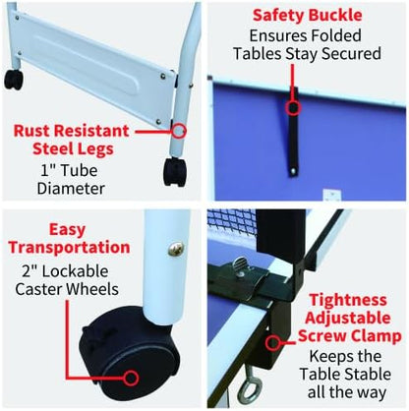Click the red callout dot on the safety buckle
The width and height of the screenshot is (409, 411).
tap(292, 103)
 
